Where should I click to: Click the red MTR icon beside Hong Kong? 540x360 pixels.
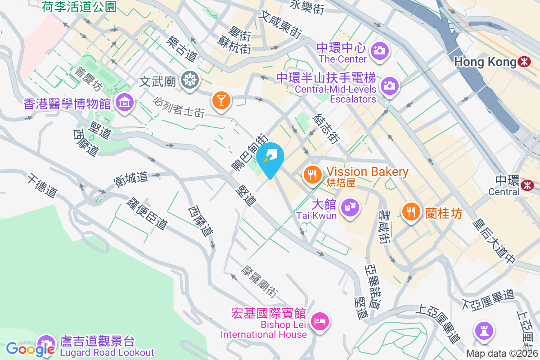coord(524,62)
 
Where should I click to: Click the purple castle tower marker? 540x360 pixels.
coord(484,331)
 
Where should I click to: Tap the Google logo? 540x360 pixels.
coord(31,349)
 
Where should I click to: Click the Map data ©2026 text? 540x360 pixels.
coord(502,354)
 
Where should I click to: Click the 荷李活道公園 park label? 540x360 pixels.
coord(79,6)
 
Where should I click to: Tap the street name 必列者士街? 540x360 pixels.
coord(179,107)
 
